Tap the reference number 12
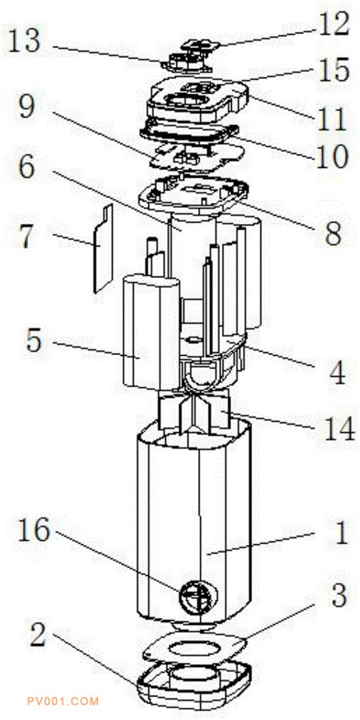coord(334,25)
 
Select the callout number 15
coord(335,72)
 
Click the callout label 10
coord(332,158)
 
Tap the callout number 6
coord(26,168)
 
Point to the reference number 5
coord(34,341)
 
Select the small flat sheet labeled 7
coord(103,249)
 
